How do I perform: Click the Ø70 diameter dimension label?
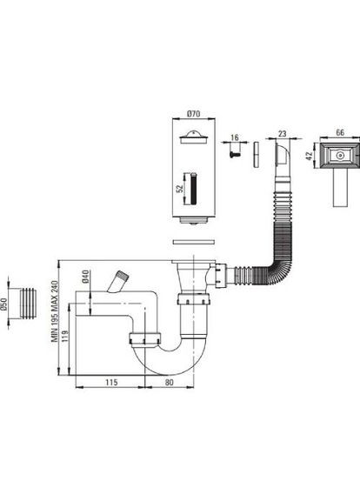click(x=193, y=113)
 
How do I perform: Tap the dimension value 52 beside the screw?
click(x=180, y=189)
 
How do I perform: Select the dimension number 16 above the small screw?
click(x=235, y=137)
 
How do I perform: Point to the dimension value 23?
click(x=283, y=134)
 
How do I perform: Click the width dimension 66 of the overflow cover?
click(x=340, y=132)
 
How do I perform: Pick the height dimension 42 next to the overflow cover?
click(x=310, y=156)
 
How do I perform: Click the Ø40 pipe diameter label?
click(x=85, y=277)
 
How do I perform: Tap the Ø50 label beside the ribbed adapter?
click(x=3, y=304)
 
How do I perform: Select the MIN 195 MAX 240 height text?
click(x=55, y=311)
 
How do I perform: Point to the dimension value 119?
click(x=65, y=337)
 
